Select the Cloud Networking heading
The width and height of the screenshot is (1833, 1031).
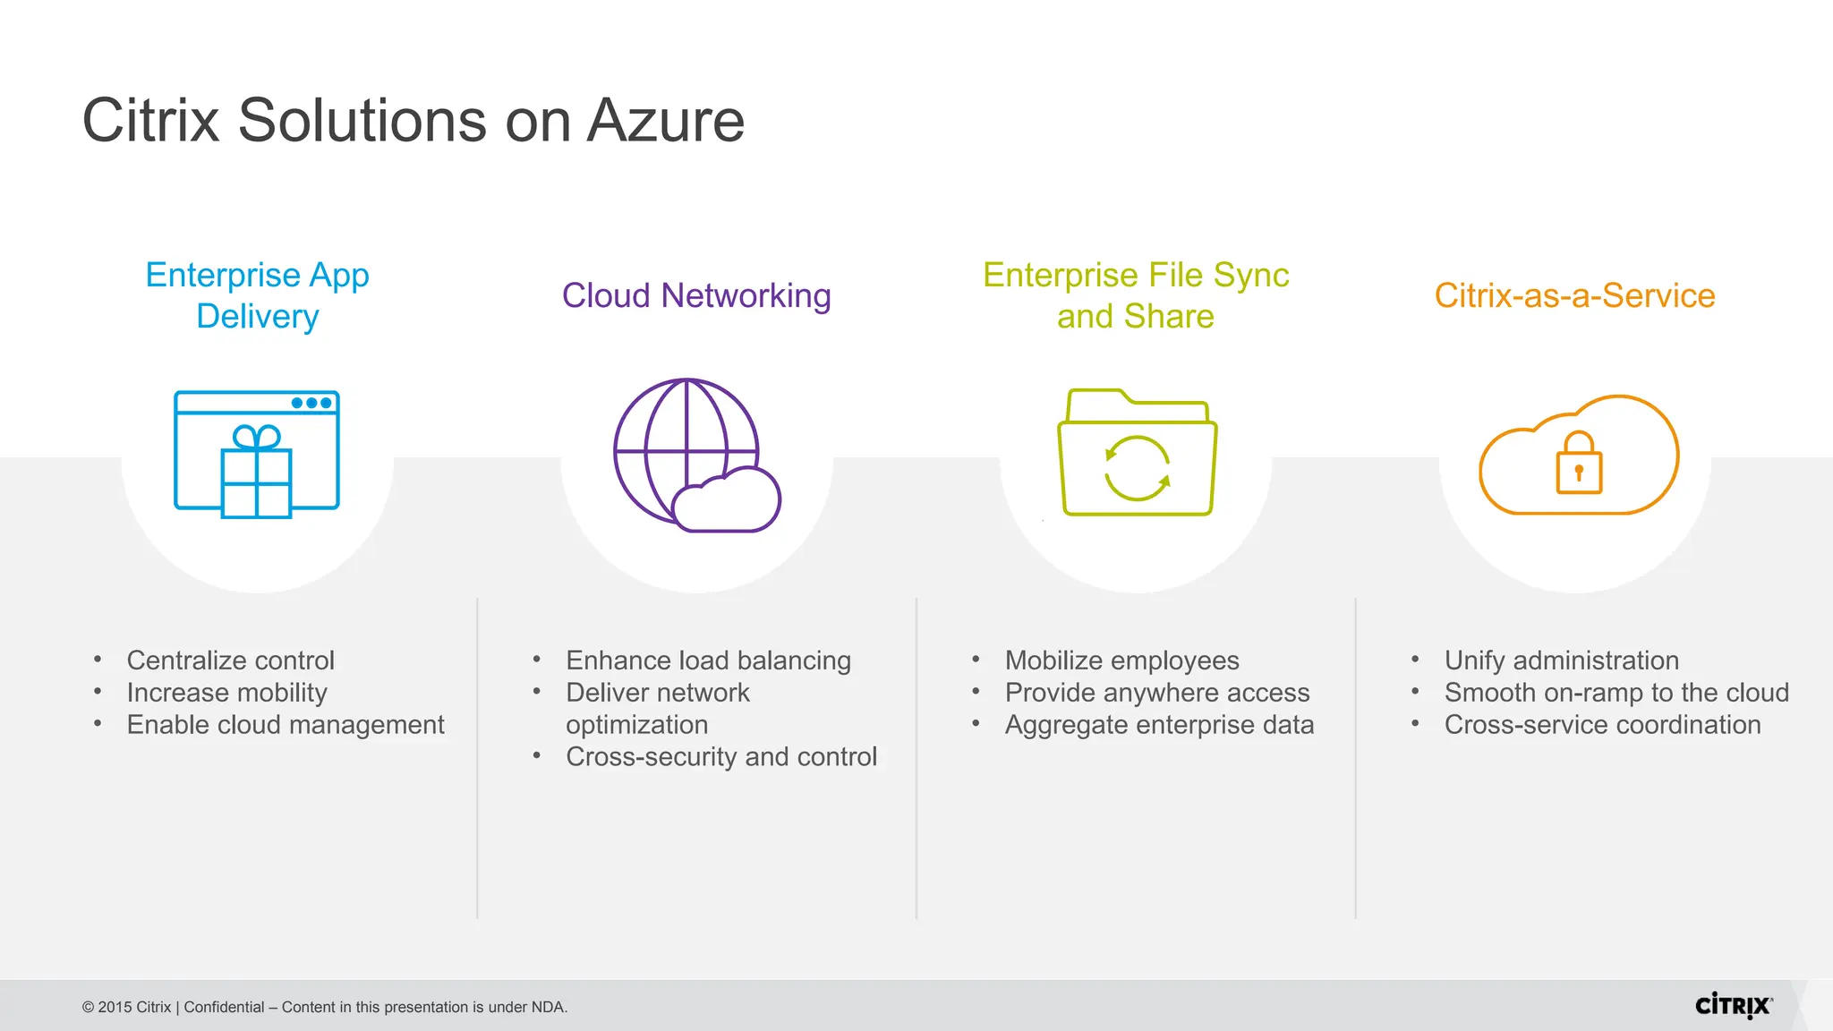point(696,295)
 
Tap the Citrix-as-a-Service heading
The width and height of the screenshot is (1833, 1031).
point(1574,295)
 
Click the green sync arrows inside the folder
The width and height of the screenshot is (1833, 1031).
point(1137,468)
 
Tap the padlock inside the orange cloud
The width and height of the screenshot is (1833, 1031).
point(1579,464)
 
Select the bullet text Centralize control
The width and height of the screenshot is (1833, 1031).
point(230,660)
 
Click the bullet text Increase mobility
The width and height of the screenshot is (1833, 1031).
point(226,693)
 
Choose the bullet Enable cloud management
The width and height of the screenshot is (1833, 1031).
point(286,725)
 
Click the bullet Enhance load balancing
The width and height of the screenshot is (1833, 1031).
point(708,660)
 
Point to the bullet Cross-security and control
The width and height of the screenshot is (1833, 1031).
point(720,757)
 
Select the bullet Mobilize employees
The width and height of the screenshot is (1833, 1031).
point(1121,660)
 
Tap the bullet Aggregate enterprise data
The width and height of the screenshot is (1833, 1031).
point(1159,725)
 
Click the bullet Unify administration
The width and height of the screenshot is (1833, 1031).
point(1561,660)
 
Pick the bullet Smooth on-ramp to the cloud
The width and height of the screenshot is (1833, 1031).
point(1616,693)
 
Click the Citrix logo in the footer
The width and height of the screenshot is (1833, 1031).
point(1733,1006)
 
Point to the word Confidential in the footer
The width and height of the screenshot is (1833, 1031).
point(224,1007)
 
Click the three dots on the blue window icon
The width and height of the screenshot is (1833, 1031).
point(311,403)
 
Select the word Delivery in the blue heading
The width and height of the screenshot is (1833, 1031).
point(258,317)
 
